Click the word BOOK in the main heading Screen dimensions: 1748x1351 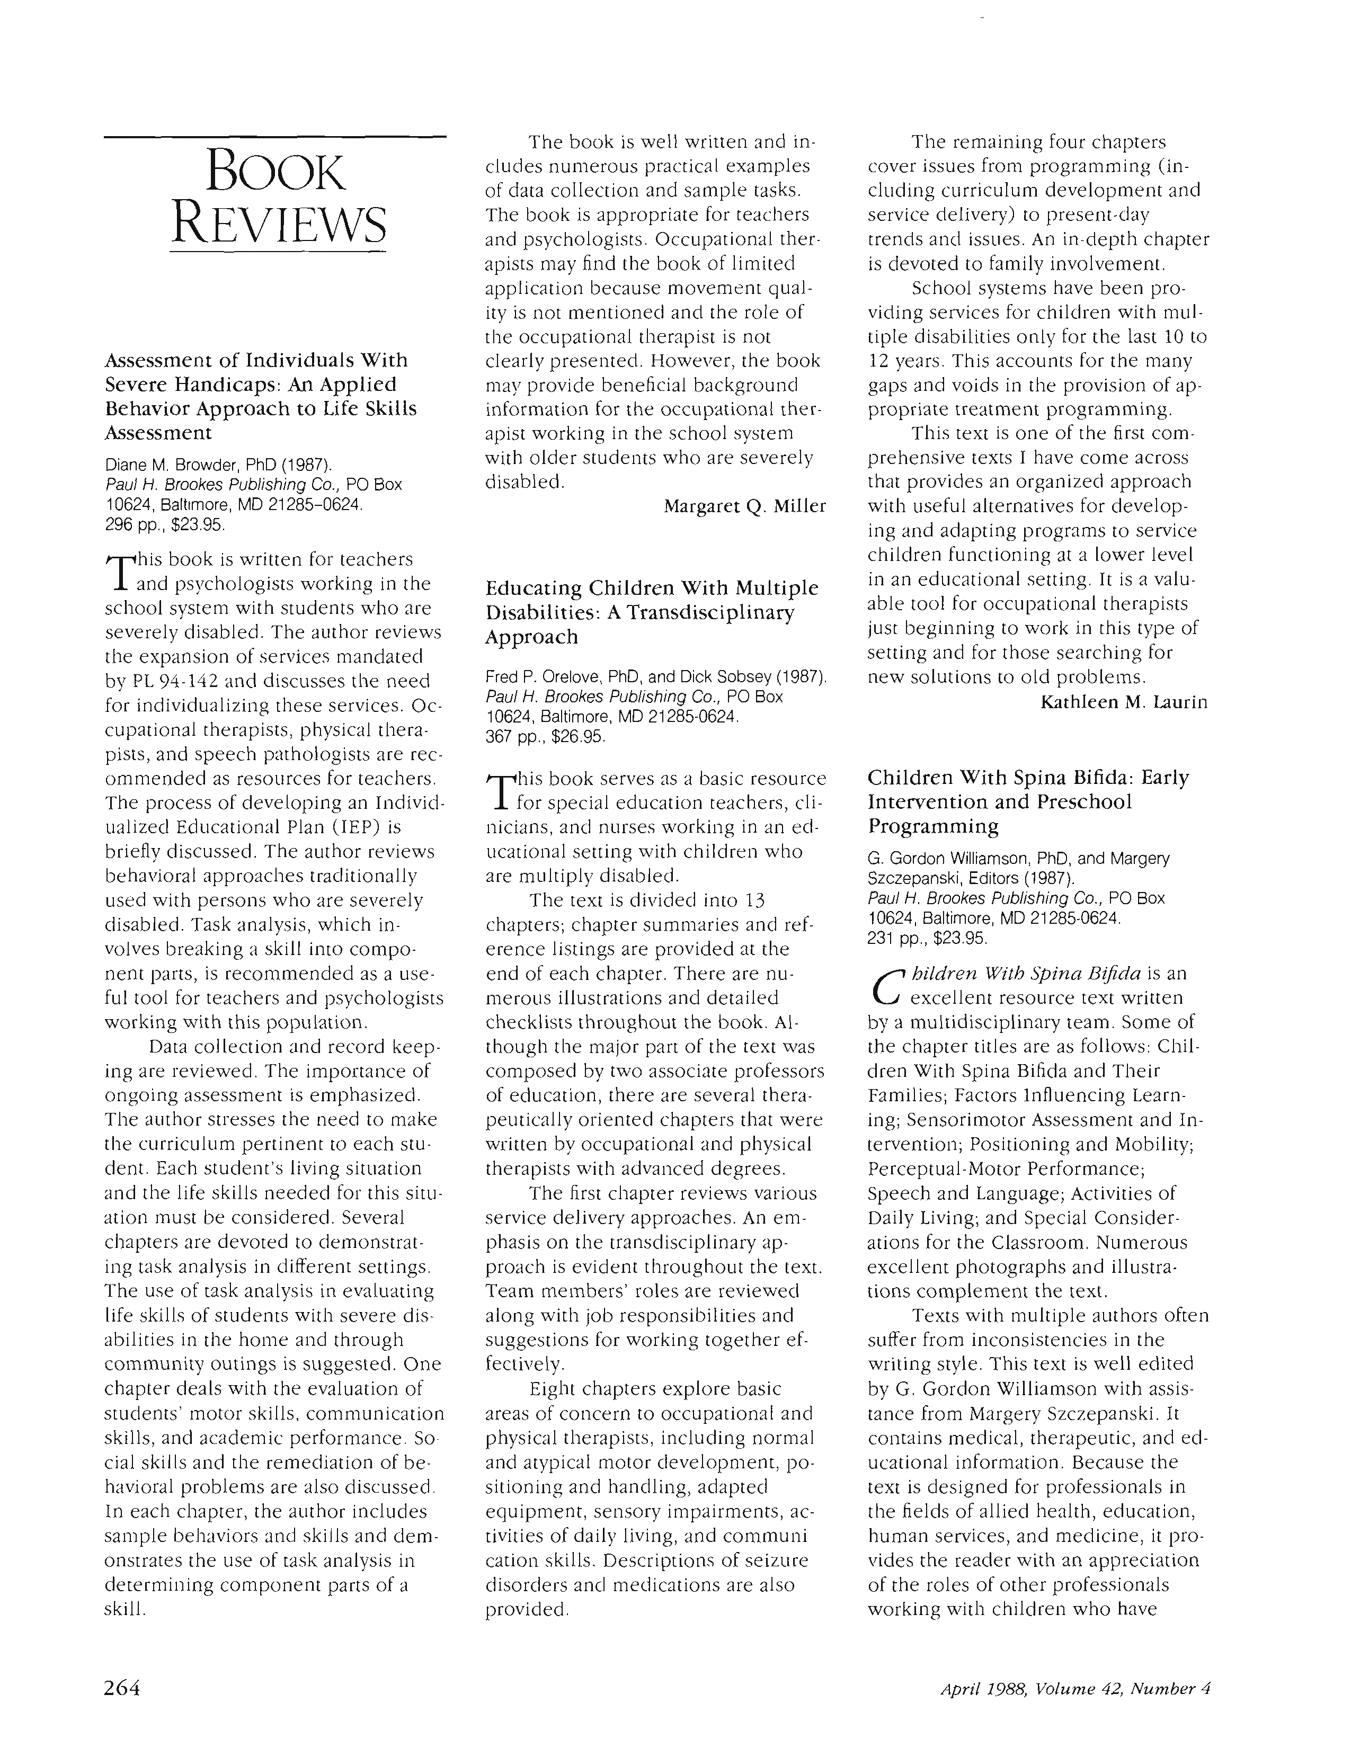point(275,172)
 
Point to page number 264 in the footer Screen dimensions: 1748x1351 point(122,1688)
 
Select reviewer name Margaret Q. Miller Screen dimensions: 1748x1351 point(744,506)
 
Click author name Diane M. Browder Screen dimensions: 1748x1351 point(166,465)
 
